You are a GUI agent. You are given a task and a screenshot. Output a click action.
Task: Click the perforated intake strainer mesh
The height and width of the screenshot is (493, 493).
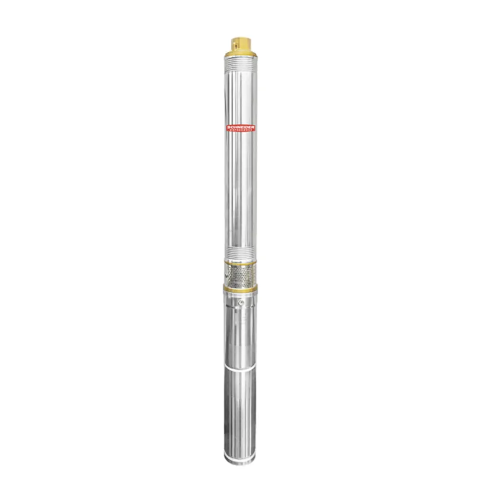(x=240, y=274)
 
